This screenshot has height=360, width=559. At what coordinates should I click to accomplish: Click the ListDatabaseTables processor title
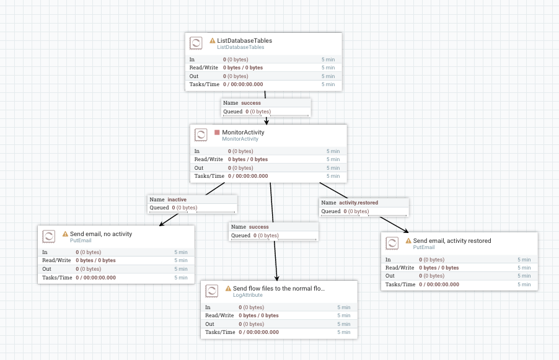pos(244,41)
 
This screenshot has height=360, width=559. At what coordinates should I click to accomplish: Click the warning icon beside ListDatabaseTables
pos(213,41)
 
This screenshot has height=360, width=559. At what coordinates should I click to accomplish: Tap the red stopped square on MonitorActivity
pos(217,132)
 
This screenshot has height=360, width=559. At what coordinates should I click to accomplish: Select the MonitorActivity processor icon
pos(201,135)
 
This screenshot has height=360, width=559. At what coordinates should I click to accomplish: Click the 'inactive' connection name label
pos(177,200)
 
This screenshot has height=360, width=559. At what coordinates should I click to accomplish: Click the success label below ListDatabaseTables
pos(251,103)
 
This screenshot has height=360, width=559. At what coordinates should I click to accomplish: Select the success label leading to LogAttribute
pos(259,227)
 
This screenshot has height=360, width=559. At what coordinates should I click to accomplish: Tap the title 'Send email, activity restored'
pos(452,240)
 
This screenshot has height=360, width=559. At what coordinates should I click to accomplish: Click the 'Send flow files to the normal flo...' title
pos(278,289)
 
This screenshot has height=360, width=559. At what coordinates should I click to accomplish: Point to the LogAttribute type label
pos(247,296)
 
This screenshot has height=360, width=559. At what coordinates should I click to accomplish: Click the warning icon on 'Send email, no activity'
pos(65,234)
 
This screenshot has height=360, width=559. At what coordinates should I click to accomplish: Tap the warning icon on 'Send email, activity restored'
pos(408,240)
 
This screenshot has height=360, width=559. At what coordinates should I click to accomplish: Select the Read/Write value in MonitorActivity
pos(248,159)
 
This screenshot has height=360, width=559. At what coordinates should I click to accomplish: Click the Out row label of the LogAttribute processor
pos(209,324)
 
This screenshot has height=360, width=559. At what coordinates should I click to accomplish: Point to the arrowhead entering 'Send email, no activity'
pos(162,224)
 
